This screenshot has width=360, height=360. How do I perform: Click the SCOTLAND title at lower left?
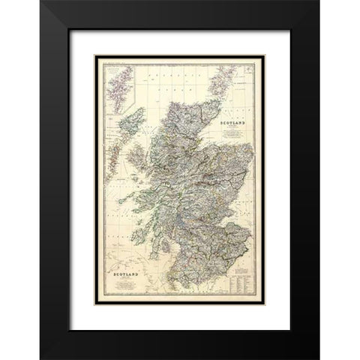(x=125, y=277)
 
